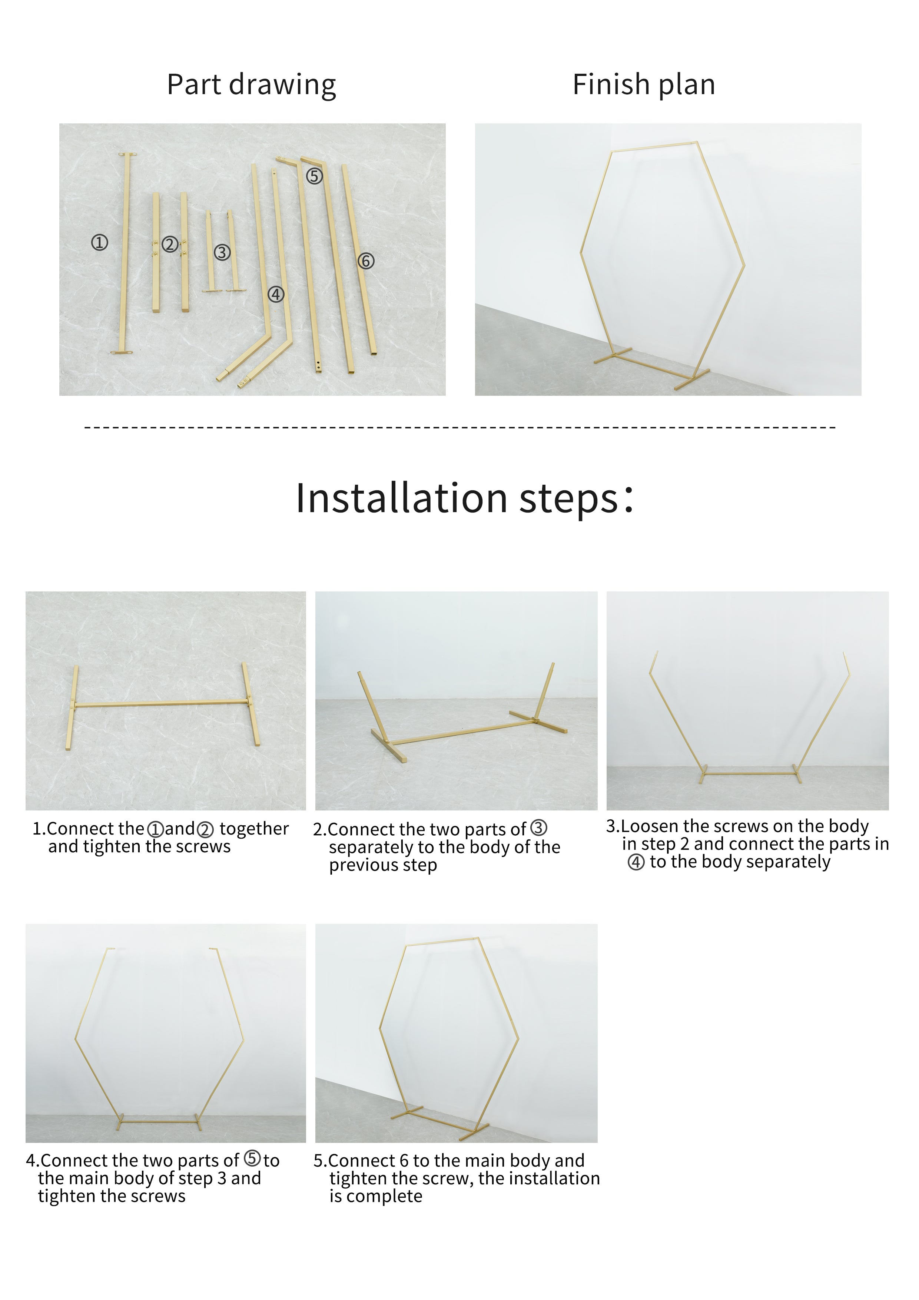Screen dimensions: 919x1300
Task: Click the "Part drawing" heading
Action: (x=251, y=85)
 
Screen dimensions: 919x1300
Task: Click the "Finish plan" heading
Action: (x=644, y=84)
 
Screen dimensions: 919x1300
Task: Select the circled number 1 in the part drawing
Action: (x=100, y=243)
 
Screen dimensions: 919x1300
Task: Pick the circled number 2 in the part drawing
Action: (x=169, y=244)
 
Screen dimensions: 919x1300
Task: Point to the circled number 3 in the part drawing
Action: (x=222, y=252)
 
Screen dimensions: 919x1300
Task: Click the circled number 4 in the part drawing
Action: (x=276, y=294)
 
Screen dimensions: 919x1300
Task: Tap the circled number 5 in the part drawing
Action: (x=314, y=176)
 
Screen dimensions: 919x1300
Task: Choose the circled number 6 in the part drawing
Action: (x=366, y=261)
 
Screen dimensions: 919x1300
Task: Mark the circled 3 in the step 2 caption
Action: (x=538, y=828)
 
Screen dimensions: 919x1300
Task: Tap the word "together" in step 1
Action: (x=254, y=829)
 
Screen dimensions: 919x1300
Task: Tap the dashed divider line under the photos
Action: (x=460, y=427)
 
